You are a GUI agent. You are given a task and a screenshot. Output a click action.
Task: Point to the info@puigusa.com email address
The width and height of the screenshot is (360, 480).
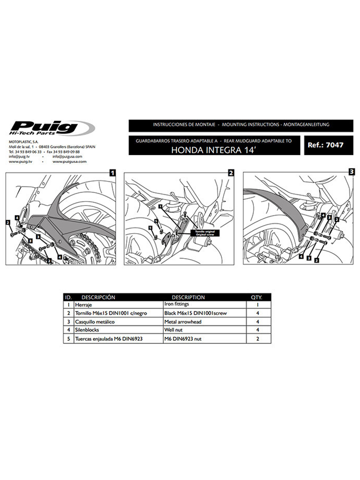[x=68, y=156]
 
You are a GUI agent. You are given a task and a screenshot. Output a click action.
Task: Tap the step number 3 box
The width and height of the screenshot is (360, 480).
[x=351, y=170]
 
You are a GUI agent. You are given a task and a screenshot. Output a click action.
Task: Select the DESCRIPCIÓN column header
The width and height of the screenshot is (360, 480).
[x=98, y=297]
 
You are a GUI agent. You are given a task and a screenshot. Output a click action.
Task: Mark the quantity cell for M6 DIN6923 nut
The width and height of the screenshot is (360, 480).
[x=257, y=339]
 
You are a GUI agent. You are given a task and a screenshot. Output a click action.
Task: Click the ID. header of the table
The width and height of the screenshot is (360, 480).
[x=68, y=297]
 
